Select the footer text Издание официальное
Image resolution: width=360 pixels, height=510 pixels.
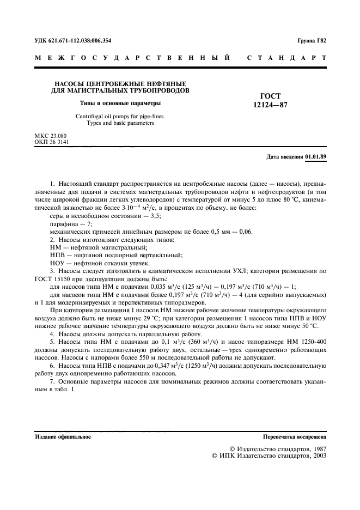point(63,437)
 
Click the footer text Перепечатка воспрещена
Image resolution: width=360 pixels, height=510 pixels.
point(294,437)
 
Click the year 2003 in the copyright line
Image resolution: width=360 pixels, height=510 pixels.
point(316,457)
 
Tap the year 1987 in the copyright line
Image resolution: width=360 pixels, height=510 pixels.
point(316,450)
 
